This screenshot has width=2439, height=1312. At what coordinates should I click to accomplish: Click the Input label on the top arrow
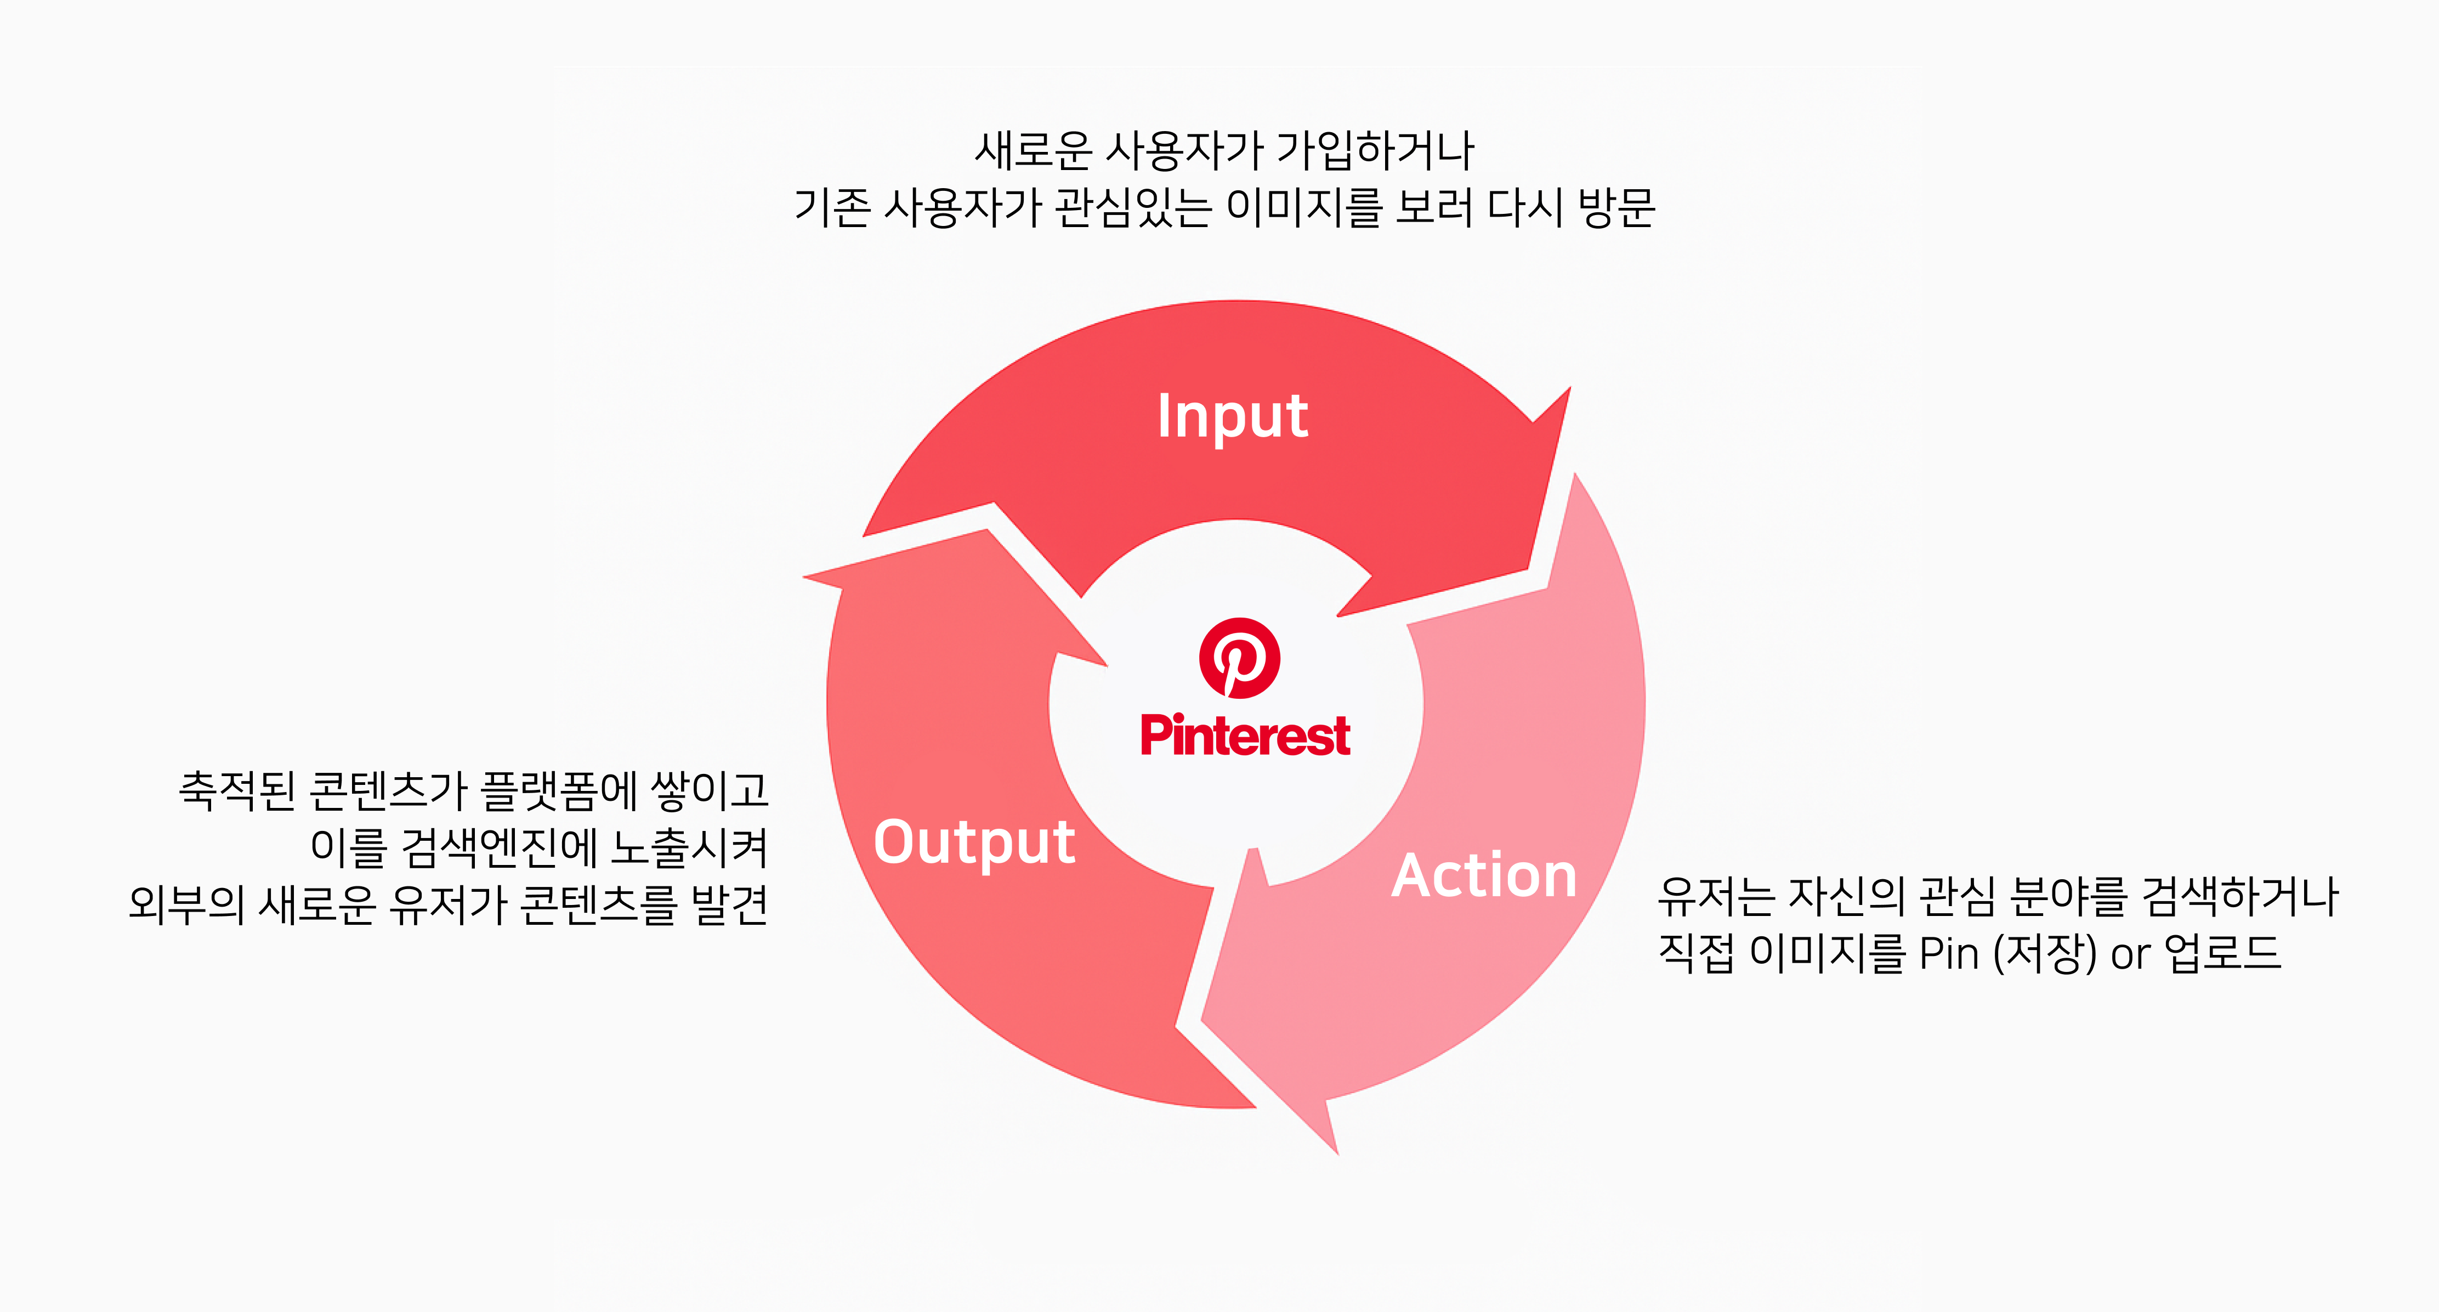(x=1233, y=417)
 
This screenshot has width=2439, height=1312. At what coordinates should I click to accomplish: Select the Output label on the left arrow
(x=974, y=842)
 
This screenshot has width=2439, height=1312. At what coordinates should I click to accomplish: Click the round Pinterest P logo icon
(x=1239, y=658)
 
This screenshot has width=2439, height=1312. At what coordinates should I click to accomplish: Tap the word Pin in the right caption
(x=1949, y=953)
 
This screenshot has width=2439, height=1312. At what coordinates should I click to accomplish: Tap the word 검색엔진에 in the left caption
(x=497, y=847)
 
